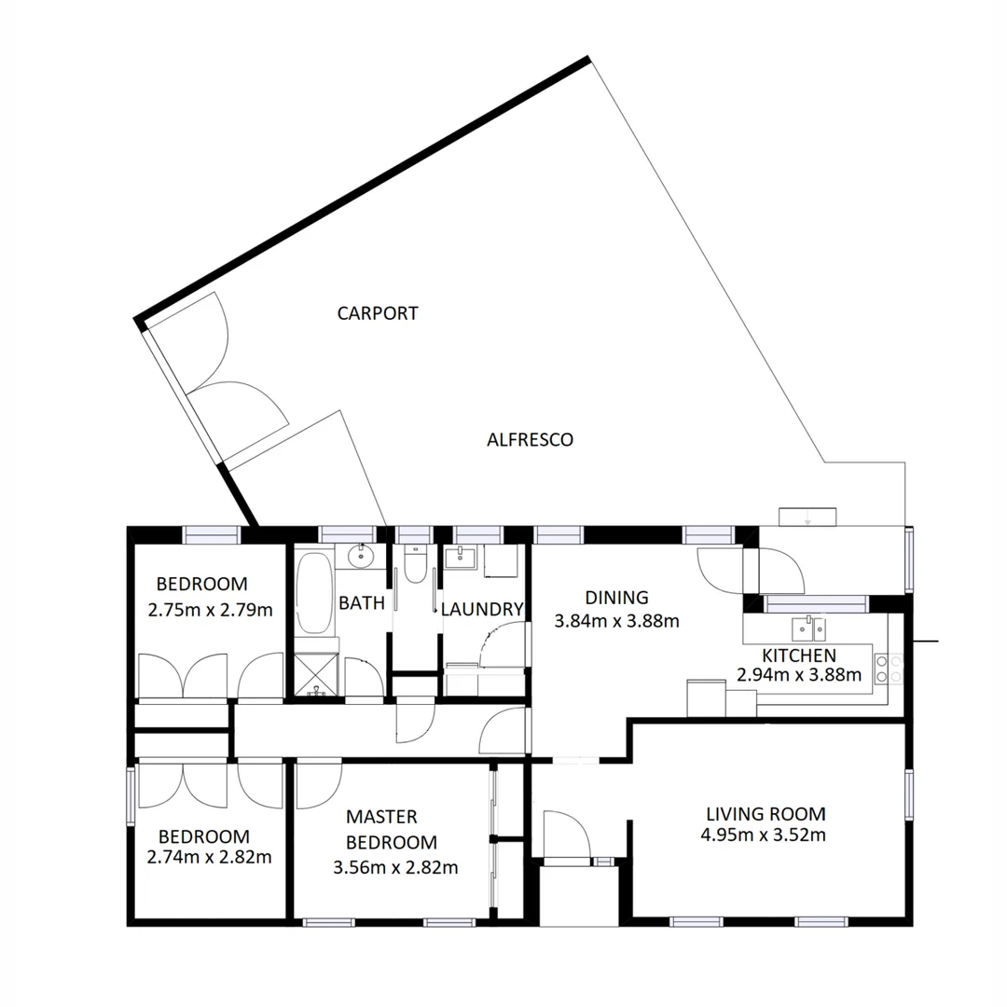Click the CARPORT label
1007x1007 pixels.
tap(378, 313)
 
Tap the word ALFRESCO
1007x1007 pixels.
tap(530, 439)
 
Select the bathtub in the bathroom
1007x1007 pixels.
tap(314, 593)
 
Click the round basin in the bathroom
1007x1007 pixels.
tap(360, 557)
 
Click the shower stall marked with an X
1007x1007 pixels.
tap(317, 671)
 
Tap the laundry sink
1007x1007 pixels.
tap(460, 559)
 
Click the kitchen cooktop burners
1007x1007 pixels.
tap(888, 668)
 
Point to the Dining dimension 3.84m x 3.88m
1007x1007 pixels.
tap(615, 620)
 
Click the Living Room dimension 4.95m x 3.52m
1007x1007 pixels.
tap(763, 835)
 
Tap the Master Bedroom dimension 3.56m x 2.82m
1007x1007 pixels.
tap(395, 867)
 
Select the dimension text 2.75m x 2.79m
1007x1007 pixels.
tap(210, 611)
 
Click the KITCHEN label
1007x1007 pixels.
tap(798, 655)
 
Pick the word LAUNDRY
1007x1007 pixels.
tap(482, 610)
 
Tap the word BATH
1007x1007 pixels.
tap(361, 603)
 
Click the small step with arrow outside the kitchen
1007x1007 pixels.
tap(807, 516)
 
